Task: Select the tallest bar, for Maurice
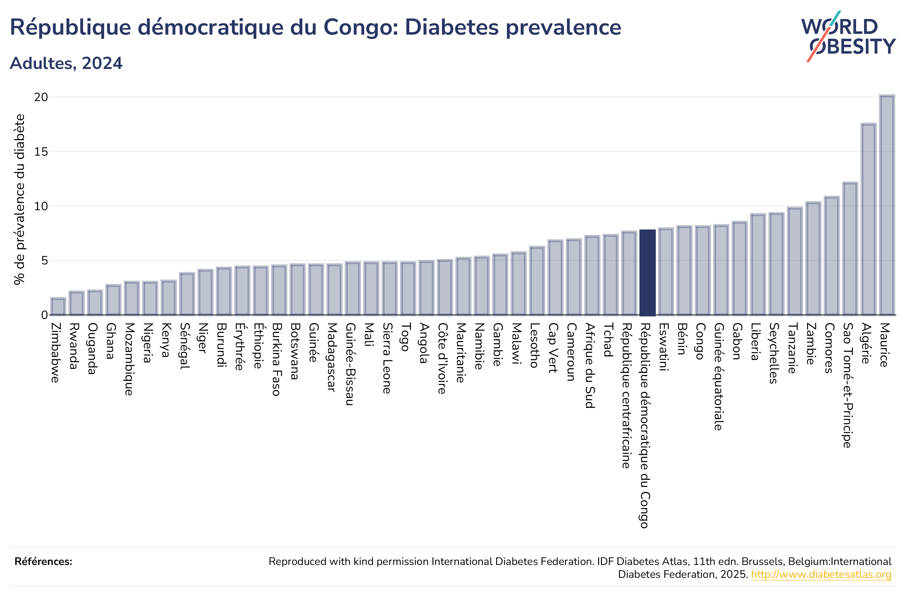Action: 886,205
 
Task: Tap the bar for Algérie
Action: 868,219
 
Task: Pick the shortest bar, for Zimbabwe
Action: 58,306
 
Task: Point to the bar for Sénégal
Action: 187,294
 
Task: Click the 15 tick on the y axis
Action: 41,152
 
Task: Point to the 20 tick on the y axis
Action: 41,97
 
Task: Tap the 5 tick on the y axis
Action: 44,261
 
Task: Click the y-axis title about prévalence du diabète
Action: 19,199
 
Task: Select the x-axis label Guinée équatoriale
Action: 719,377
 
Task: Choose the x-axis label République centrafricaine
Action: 627,396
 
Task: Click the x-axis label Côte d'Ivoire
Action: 443,358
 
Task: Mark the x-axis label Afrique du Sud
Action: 590,365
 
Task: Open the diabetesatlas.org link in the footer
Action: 821,574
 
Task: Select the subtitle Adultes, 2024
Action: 66,63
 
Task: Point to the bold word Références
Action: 43,561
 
